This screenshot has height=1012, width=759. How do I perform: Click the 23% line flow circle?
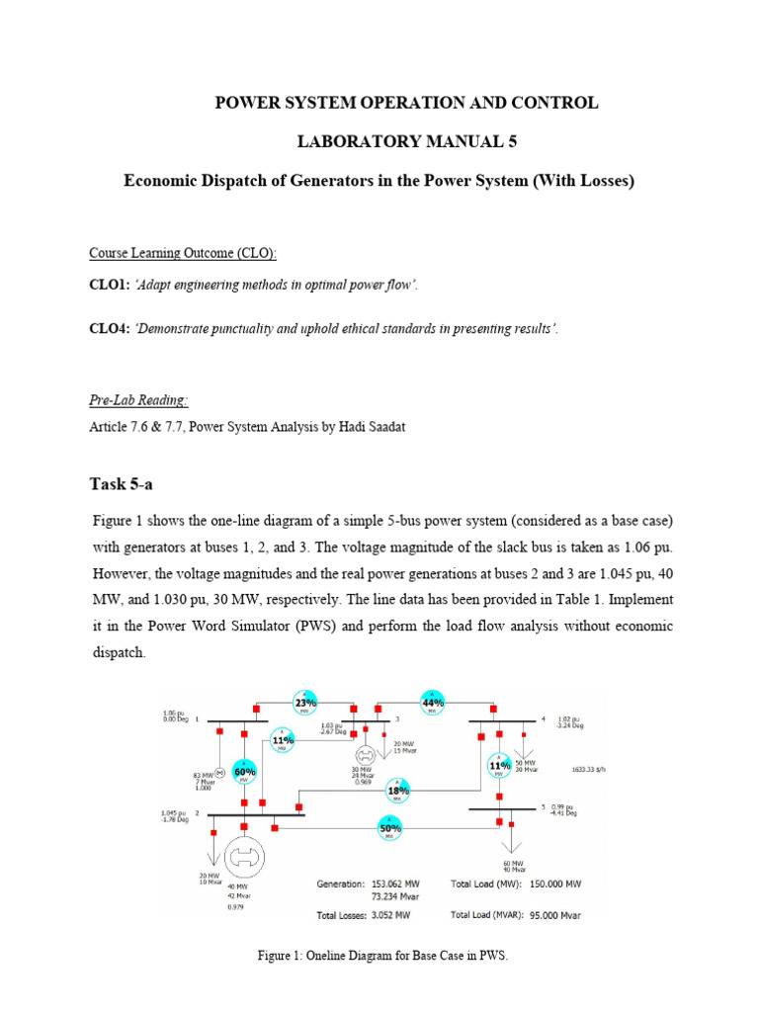pos(305,702)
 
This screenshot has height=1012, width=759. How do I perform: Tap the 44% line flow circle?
pos(432,702)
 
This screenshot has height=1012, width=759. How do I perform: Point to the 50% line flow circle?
pos(389,827)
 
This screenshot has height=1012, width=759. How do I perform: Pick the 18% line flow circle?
pos(397,791)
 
